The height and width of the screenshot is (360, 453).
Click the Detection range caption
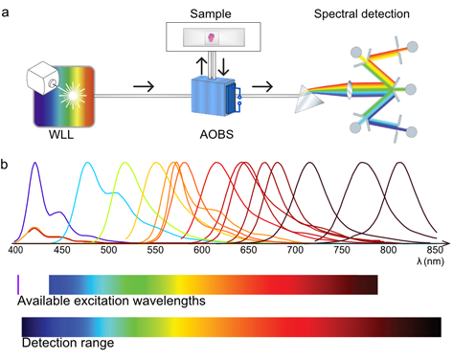pos(68,342)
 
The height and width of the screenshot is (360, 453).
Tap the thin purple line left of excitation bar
pos(18,283)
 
